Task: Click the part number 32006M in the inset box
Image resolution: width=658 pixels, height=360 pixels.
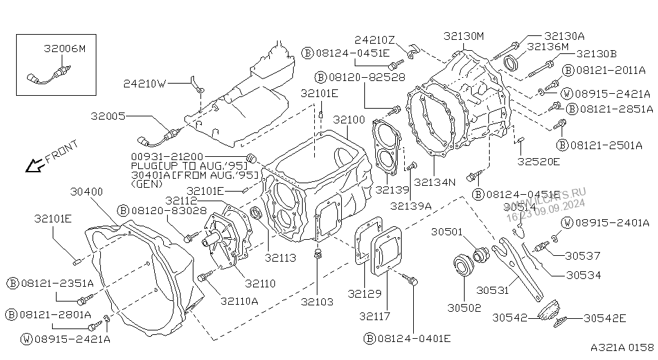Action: [x=64, y=49]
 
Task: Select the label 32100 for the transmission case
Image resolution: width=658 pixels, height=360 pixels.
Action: [x=349, y=120]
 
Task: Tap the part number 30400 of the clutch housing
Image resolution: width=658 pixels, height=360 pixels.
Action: [x=87, y=192]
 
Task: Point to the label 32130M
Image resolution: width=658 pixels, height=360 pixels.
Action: [x=464, y=37]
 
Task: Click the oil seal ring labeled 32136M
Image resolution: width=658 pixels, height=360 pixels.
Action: [x=511, y=62]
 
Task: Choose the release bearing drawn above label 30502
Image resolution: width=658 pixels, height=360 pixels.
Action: [x=464, y=265]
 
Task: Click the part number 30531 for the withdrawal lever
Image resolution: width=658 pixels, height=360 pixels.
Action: [x=492, y=290]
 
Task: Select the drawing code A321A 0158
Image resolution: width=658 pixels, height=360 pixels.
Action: [x=622, y=347]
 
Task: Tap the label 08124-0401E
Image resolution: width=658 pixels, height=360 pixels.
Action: [x=414, y=339]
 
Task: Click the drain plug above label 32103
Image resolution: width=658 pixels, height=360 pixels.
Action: [x=317, y=254]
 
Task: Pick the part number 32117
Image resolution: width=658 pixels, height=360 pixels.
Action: [x=375, y=316]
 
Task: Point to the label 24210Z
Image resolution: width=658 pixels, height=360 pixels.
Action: [x=375, y=40]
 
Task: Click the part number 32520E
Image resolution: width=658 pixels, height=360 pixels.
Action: [x=538, y=161]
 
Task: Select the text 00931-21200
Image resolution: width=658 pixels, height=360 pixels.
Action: [x=167, y=157]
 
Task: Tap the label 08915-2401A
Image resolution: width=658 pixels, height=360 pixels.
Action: [x=612, y=223]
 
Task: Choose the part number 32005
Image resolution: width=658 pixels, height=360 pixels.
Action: [x=108, y=116]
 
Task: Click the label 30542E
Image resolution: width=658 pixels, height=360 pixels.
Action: [x=604, y=318]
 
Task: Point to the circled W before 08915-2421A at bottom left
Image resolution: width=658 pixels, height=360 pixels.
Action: [x=26, y=339]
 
